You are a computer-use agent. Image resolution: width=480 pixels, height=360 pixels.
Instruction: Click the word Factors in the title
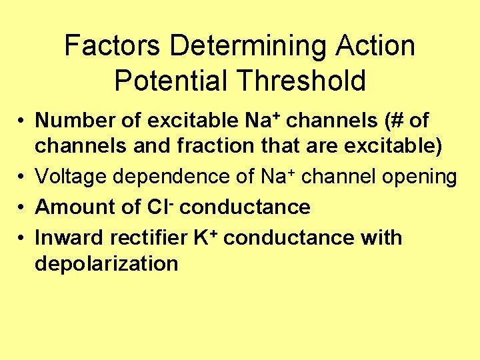[113, 47]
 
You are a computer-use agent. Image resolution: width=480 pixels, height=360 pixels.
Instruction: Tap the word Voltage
[71, 177]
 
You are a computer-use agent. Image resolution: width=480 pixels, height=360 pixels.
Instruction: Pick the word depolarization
[106, 264]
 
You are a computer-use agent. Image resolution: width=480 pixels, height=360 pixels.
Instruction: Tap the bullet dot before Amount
[22, 207]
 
